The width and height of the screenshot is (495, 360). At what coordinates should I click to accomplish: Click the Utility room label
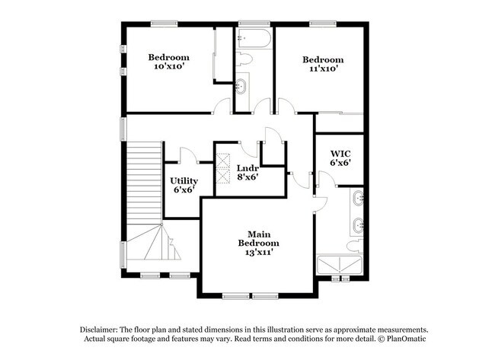tap(184, 180)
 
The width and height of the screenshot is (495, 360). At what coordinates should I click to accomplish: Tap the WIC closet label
tap(340, 152)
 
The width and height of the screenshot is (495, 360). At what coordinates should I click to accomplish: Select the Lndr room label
tap(247, 167)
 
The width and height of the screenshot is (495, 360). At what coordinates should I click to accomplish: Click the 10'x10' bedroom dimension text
tap(168, 67)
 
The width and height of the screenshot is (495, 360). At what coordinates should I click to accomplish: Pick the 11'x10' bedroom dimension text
tap(322, 69)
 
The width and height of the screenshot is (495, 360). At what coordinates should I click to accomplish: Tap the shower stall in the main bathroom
tap(341, 266)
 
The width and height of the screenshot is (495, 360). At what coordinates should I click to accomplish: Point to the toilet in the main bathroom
tap(353, 245)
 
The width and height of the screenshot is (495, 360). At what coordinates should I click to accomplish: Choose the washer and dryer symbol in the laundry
tap(224, 170)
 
